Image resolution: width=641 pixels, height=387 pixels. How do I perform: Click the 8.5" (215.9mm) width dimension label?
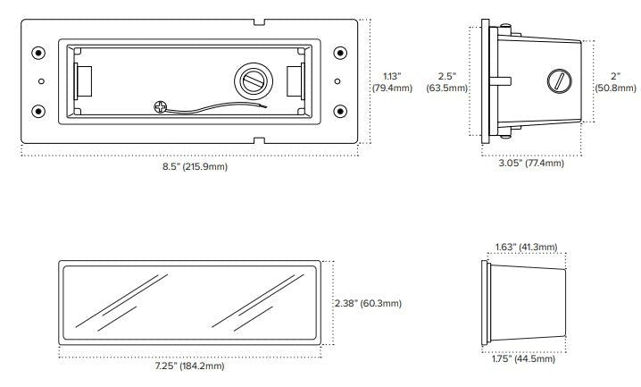click(x=195, y=166)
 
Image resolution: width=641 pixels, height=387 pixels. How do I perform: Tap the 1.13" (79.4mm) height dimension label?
click(x=392, y=82)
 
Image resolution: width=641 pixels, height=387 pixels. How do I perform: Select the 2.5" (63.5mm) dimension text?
click(x=446, y=82)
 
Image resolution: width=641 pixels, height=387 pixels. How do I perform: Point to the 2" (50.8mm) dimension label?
click(x=615, y=82)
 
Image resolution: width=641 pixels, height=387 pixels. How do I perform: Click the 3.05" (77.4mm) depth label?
click(x=531, y=163)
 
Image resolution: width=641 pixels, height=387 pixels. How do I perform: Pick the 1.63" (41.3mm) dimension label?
click(x=526, y=247)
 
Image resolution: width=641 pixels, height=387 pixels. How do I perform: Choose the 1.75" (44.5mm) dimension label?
click(x=523, y=358)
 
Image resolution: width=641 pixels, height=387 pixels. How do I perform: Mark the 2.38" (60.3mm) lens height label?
click(x=369, y=303)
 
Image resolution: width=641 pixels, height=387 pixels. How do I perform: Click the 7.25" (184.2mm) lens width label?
click(x=189, y=366)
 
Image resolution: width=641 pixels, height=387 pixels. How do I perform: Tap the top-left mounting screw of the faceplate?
click(x=38, y=53)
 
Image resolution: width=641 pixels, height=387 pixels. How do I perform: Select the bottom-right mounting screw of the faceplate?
click(x=340, y=111)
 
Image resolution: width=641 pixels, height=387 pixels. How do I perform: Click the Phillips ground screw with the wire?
click(x=161, y=107)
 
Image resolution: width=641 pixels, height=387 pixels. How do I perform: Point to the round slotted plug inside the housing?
click(x=254, y=80)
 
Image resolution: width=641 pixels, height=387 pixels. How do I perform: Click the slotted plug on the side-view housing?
click(x=559, y=80)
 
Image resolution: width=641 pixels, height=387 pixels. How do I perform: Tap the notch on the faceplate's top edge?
click(x=259, y=22)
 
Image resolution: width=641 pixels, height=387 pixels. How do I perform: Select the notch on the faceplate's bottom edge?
click(x=259, y=140)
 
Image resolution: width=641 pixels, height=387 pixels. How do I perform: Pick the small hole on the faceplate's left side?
click(x=41, y=81)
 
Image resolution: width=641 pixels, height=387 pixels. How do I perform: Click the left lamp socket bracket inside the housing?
click(x=82, y=81)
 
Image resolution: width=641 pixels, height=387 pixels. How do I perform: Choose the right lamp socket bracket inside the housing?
click(x=296, y=81)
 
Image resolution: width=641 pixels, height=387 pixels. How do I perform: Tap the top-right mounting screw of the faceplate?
click(x=340, y=53)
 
